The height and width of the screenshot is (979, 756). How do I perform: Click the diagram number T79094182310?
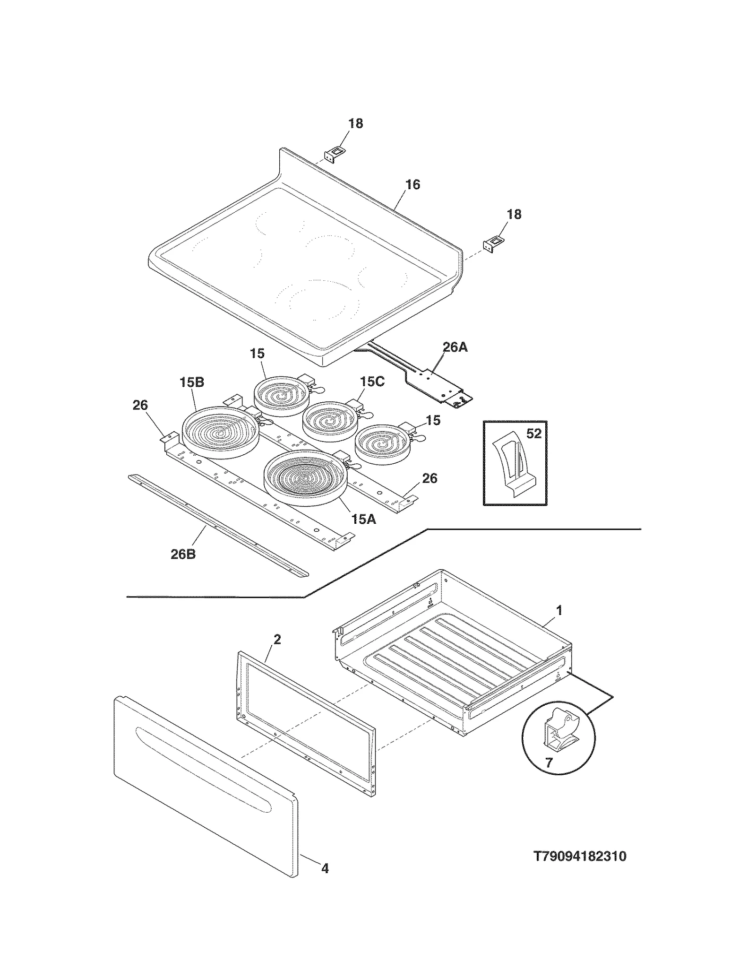pos(580,857)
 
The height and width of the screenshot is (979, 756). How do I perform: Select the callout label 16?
pos(412,185)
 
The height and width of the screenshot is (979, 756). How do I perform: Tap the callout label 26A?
pos(455,347)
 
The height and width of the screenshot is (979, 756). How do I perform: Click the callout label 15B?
pos(192,382)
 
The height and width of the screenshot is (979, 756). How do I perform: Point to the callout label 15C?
pos(372,381)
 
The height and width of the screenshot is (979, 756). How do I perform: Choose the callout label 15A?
pos(363,519)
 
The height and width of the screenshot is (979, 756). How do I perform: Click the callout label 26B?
pos(183,554)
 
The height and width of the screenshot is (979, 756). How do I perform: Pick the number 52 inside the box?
pos(533,433)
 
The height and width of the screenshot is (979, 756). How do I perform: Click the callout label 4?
pos(325,868)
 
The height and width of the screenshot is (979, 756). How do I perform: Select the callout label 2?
pos(277,639)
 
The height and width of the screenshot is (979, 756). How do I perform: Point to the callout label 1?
pos(559,610)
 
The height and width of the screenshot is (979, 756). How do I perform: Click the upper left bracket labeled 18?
pos(335,154)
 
